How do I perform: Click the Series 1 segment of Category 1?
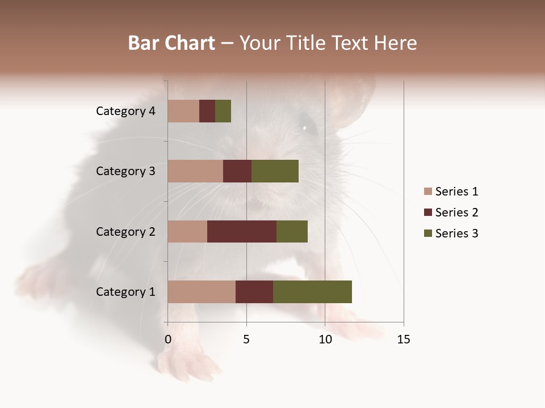coord(202,292)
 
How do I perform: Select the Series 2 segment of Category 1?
coord(254,292)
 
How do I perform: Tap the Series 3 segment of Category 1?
coord(312,292)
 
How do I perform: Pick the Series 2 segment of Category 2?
coord(242,232)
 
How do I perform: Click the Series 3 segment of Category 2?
coord(292,232)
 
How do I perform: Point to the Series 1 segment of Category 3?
coord(195,171)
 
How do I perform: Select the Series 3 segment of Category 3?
coord(275,171)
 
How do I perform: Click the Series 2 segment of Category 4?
coord(207,111)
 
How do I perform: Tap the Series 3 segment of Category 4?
coord(223,111)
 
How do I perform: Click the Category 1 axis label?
coord(125,292)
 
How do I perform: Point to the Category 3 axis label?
coord(125,171)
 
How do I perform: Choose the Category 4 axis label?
coord(125,111)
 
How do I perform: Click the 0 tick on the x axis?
coord(168,339)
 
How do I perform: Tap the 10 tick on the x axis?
coord(325,339)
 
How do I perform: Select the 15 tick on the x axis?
coord(403,339)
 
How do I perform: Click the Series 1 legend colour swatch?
coord(428,192)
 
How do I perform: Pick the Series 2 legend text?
coord(456,212)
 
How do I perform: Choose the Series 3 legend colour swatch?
coord(428,233)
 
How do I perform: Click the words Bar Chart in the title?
coord(171,43)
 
